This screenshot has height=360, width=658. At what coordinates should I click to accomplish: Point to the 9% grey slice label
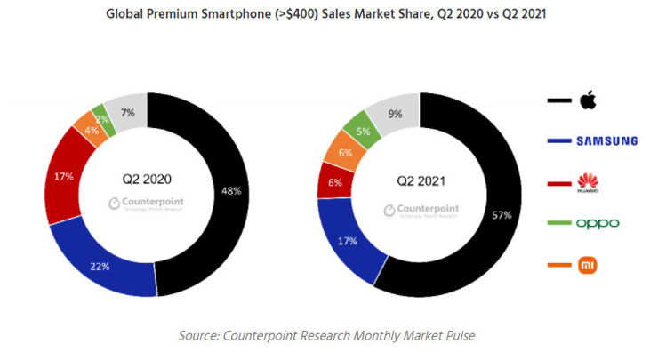pyautogui.click(x=395, y=113)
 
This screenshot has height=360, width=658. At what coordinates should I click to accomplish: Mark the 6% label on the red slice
pyautogui.click(x=333, y=182)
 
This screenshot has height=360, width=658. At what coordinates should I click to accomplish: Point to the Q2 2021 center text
pyautogui.click(x=420, y=182)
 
